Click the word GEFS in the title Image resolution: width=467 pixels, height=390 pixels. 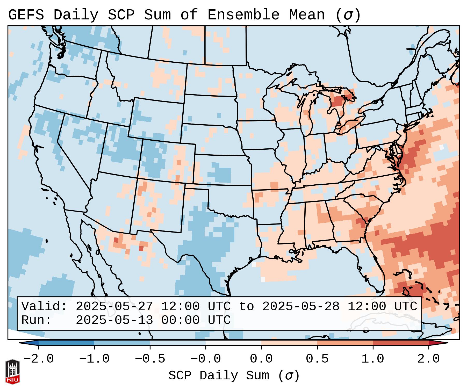pos(26,15)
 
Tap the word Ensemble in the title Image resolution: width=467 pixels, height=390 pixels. pos(243,15)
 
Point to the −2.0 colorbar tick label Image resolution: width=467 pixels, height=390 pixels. pos(39,359)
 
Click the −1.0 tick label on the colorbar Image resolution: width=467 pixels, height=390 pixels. pos(94,359)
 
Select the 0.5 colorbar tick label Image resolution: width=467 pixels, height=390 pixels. pos(317,359)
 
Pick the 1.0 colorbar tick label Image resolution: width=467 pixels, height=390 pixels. pos(373,359)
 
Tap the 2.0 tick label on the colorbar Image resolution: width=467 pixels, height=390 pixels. pos(429,359)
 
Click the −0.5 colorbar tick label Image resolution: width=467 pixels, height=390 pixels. pos(150,359)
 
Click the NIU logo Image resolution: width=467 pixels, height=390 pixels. pos(12,372)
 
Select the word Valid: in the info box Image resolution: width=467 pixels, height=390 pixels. pos(44,306)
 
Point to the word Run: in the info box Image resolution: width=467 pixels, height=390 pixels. pos(37,320)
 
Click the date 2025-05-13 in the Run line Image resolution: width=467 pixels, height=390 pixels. pos(114,320)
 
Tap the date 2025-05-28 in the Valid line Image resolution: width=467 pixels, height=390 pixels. pos(301,306)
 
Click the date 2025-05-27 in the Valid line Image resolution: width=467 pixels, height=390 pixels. pos(114,306)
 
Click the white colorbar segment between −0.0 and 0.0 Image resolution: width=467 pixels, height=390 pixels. pos(234,343)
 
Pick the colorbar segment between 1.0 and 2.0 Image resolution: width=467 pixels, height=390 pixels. pos(401,343)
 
